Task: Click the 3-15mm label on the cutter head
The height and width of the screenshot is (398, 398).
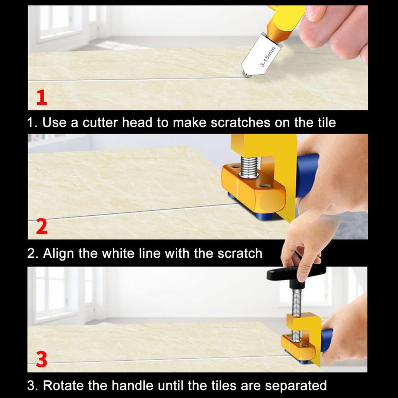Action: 268,57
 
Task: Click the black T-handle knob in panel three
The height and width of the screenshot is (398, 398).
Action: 295,274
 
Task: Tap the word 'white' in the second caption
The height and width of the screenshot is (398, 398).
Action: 118,253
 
